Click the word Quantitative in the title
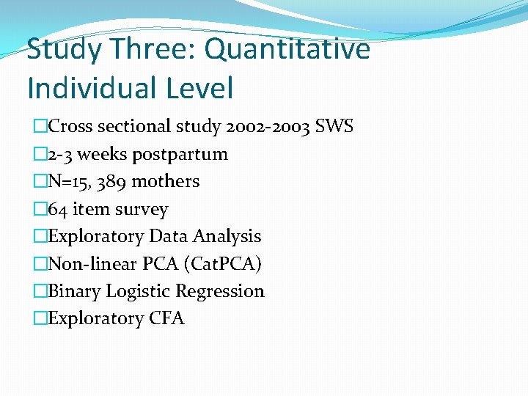287,50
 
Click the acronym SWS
334,126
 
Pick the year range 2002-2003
267,126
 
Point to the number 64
57,209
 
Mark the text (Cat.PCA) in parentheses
224,263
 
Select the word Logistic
134,291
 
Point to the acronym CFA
167,318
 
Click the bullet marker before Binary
40,291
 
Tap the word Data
166,236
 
